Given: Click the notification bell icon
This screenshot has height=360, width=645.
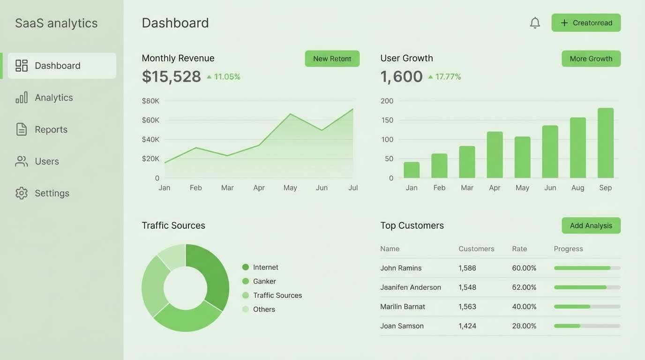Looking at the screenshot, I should [535, 22].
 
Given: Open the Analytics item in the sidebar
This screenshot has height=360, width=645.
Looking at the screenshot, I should [53, 97].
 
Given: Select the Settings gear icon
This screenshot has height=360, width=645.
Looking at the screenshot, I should [22, 193].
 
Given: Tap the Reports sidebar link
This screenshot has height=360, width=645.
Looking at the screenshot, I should [51, 129].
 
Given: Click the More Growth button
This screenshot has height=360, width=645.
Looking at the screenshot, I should [591, 59].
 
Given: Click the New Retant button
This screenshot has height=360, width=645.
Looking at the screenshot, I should [332, 59].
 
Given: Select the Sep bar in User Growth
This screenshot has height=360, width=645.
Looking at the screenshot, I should [605, 143].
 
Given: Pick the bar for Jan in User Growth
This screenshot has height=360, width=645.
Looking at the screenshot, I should [412, 170].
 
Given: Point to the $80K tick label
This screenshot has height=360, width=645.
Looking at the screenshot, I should [150, 101].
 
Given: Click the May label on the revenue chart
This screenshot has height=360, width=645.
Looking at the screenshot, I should [290, 187].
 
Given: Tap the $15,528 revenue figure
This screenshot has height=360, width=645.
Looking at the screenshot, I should [172, 76].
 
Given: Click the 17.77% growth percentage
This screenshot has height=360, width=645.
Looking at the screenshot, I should [448, 76].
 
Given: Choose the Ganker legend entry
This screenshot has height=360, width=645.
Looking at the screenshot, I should [264, 281].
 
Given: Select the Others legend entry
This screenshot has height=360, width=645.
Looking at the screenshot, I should [264, 309].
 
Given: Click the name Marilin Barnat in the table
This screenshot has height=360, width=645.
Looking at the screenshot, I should [403, 307].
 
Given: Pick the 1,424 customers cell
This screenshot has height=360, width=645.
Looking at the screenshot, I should [467, 326].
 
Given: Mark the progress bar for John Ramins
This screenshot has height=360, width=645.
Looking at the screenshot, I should [587, 268].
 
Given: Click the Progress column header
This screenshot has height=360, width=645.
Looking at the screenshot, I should [568, 249].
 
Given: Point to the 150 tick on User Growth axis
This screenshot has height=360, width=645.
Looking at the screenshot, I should [387, 120].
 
